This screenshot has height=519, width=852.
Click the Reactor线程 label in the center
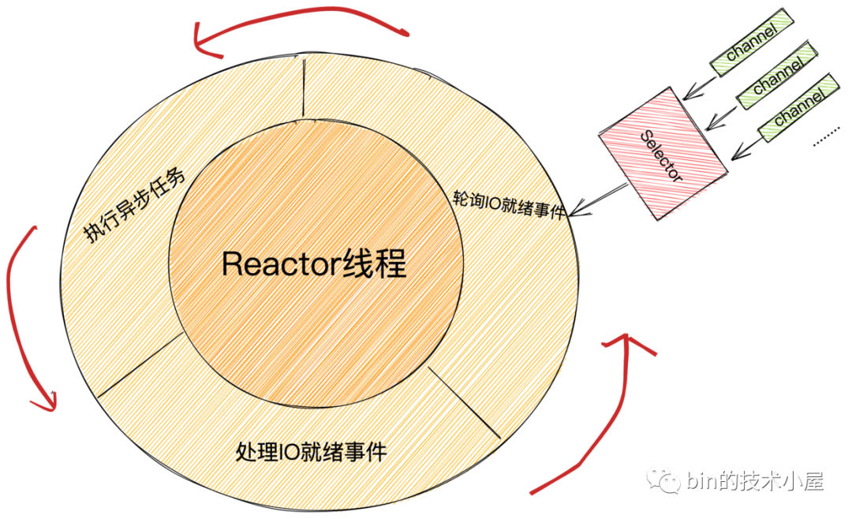click(x=314, y=264)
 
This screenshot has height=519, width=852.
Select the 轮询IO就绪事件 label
click(x=509, y=204)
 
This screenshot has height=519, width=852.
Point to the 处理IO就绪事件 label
click(x=312, y=452)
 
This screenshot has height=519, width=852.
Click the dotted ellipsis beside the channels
click(x=827, y=140)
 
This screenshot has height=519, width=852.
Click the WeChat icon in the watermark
click(x=662, y=480)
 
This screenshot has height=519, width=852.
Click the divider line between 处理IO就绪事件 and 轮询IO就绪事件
click(x=465, y=402)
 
